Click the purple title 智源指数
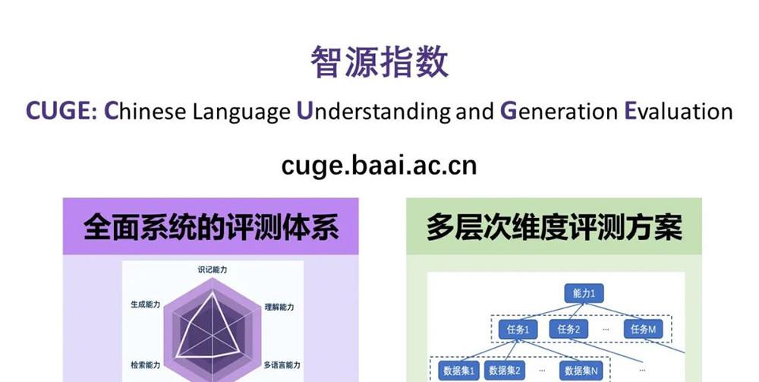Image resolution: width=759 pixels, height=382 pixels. [x=379, y=62]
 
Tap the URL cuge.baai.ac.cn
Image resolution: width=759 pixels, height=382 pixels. [x=379, y=165]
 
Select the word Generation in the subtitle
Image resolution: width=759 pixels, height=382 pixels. [x=559, y=112]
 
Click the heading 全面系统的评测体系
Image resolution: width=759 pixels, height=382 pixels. [x=210, y=227]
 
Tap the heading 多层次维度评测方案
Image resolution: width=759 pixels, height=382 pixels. [x=554, y=227]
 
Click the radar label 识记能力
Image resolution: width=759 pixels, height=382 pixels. [x=213, y=270]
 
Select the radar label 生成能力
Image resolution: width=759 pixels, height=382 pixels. [x=145, y=305]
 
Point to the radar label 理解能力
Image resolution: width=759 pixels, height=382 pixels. [x=279, y=307]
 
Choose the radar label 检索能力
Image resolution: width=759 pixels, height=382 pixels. [x=145, y=365]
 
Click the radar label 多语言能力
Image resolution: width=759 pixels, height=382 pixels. [x=282, y=365]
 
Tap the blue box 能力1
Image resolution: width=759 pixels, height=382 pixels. [x=584, y=293]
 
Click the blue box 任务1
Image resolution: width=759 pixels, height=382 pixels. [x=518, y=330]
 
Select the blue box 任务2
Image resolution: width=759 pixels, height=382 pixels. [x=568, y=330]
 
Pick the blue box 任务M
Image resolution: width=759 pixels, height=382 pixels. [x=643, y=330]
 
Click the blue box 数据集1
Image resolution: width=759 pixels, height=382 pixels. [x=458, y=371]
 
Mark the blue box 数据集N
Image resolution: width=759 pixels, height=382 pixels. [x=581, y=371]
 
